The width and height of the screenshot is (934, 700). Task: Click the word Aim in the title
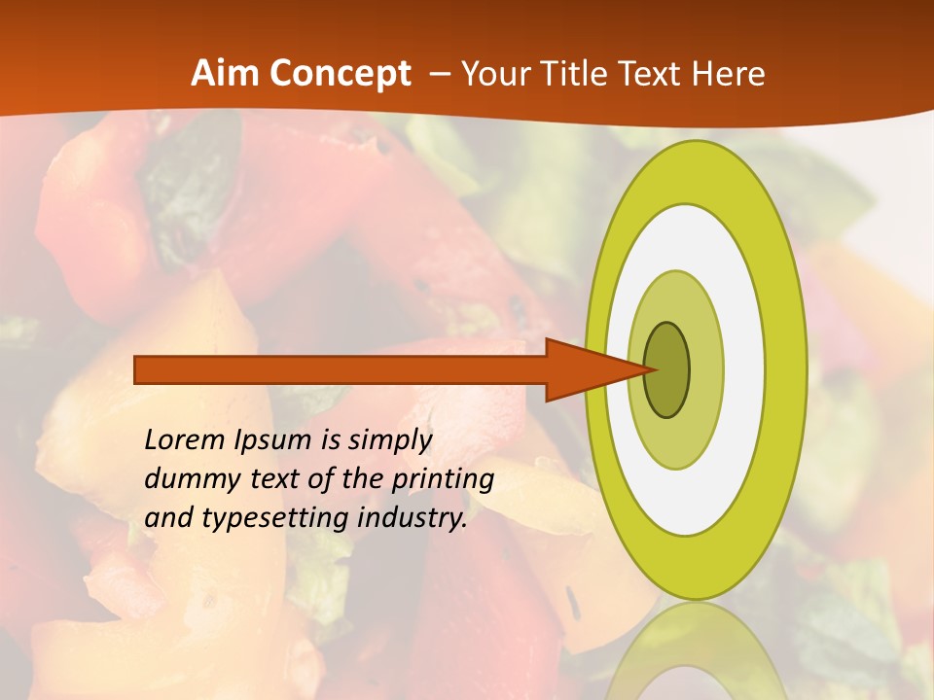click(x=226, y=74)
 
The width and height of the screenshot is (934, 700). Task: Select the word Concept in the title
click(x=341, y=75)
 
